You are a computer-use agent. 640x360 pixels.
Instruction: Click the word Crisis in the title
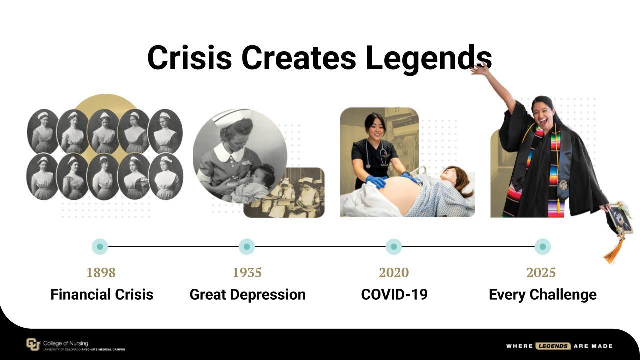click(189, 57)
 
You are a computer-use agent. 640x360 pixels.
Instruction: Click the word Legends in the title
click(429, 59)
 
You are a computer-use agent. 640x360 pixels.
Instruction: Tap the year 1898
click(101, 273)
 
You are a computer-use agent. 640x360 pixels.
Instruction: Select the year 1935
click(247, 273)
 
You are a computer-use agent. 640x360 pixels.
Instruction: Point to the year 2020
click(394, 273)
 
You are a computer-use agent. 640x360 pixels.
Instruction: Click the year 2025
click(541, 273)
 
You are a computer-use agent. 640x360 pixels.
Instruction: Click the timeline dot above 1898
click(100, 246)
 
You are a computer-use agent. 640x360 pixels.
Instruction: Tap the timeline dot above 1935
click(247, 246)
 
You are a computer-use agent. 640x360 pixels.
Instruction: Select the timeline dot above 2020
click(394, 246)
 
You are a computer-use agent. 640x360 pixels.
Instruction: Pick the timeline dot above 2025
click(543, 246)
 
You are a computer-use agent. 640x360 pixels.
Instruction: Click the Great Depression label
click(247, 295)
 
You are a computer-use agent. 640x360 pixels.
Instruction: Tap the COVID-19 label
click(394, 294)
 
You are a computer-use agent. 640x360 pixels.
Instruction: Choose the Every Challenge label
click(543, 295)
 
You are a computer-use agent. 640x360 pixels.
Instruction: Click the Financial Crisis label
click(102, 294)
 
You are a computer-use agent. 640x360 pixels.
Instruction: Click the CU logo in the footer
click(33, 344)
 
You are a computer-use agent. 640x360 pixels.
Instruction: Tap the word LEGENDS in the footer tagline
click(553, 346)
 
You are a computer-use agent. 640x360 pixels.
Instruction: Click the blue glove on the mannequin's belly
click(376, 181)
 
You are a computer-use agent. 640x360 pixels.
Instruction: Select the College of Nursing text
click(65, 343)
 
